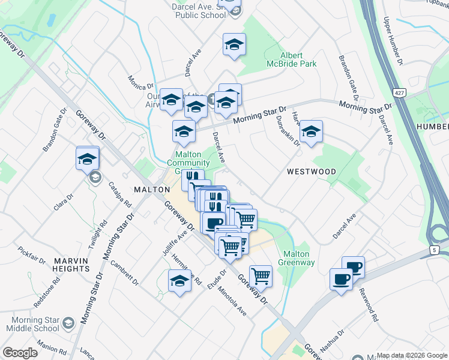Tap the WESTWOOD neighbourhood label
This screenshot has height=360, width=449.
(x=311, y=172)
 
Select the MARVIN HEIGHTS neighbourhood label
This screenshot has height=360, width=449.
(x=71, y=265)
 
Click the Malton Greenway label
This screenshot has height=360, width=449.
(x=295, y=258)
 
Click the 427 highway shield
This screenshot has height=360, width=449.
(x=399, y=93)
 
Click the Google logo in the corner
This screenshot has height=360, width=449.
(x=19, y=353)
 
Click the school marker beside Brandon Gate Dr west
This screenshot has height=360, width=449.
(x=87, y=159)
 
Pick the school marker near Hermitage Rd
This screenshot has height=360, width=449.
(x=179, y=281)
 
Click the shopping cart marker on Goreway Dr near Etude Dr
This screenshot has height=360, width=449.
(x=261, y=277)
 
